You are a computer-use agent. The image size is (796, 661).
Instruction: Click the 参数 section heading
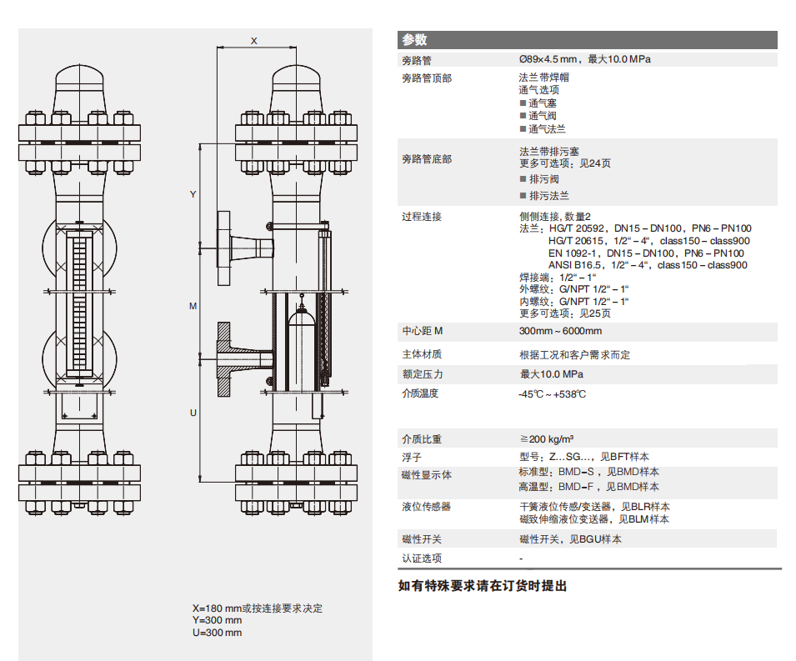point(414,40)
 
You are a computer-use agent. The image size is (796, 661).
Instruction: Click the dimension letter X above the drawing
point(254,40)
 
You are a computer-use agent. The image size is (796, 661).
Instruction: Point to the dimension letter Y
point(193,194)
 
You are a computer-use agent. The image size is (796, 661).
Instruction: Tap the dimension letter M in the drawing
point(193,306)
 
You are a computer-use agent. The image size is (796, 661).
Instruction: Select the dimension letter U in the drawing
point(193,413)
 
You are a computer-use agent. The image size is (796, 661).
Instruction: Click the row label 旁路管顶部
point(427,78)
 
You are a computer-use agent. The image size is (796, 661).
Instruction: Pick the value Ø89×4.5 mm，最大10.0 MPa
point(583,59)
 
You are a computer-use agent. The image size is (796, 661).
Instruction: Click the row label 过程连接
point(422,217)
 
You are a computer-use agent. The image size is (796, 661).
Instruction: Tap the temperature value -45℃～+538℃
point(552,393)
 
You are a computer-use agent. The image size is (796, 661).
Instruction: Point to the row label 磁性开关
point(422,539)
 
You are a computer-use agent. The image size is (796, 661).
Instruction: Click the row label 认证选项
point(422,558)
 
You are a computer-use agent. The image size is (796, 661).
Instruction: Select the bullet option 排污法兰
point(548,196)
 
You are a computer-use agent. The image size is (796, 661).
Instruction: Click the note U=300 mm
point(217,633)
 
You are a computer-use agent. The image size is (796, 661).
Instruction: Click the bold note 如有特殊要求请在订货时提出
point(483,586)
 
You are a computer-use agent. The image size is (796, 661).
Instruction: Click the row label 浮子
point(412,458)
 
